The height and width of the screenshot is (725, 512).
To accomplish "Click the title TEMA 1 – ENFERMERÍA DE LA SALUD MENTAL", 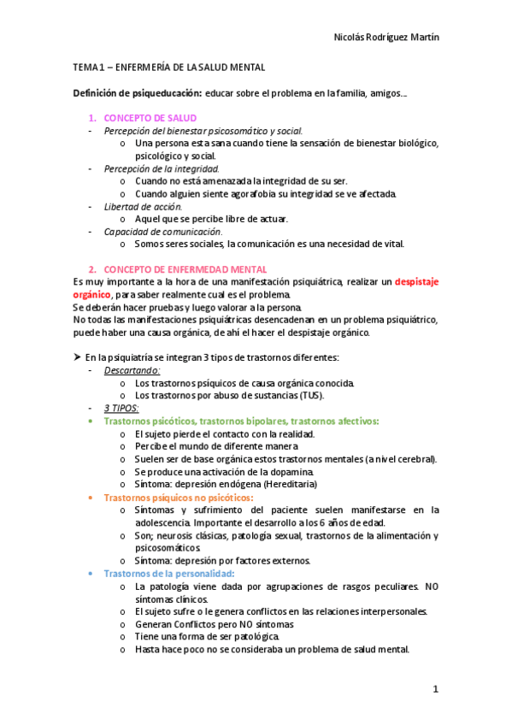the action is (168, 67).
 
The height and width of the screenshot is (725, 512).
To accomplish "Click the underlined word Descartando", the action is (132, 370).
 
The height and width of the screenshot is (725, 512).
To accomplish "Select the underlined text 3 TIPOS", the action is (121, 408).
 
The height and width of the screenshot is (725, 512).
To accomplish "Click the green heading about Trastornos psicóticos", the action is (241, 421).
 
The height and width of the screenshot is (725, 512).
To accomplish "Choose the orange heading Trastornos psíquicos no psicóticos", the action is (177, 497).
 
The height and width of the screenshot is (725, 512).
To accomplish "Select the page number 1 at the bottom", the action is (435, 688).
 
